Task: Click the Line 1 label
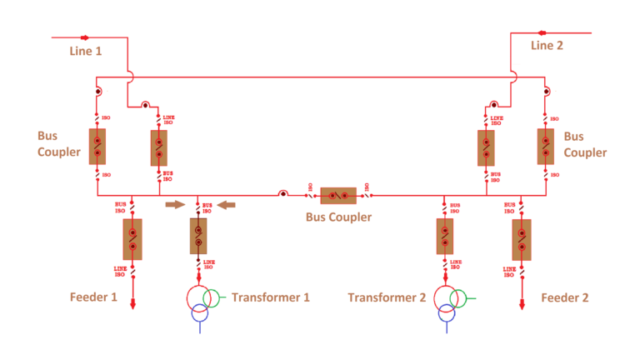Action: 86,51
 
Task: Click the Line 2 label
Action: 547,45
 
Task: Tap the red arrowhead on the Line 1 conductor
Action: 84,37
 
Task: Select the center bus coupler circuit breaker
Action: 338,196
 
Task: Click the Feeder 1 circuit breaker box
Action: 132,239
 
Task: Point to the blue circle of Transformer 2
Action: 447,312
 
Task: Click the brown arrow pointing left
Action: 225,203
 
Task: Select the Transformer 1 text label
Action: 271,297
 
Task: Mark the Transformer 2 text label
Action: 387,297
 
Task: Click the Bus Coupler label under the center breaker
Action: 338,218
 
